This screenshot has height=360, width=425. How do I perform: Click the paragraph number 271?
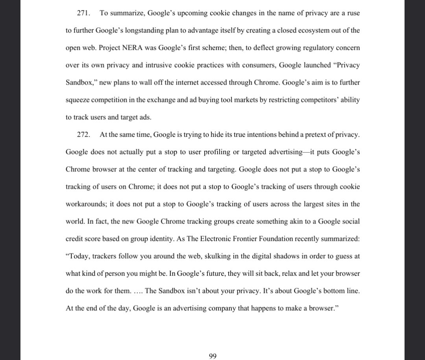point(83,13)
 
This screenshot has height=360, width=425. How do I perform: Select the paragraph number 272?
point(83,135)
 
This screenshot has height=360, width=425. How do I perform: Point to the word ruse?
point(353,13)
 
